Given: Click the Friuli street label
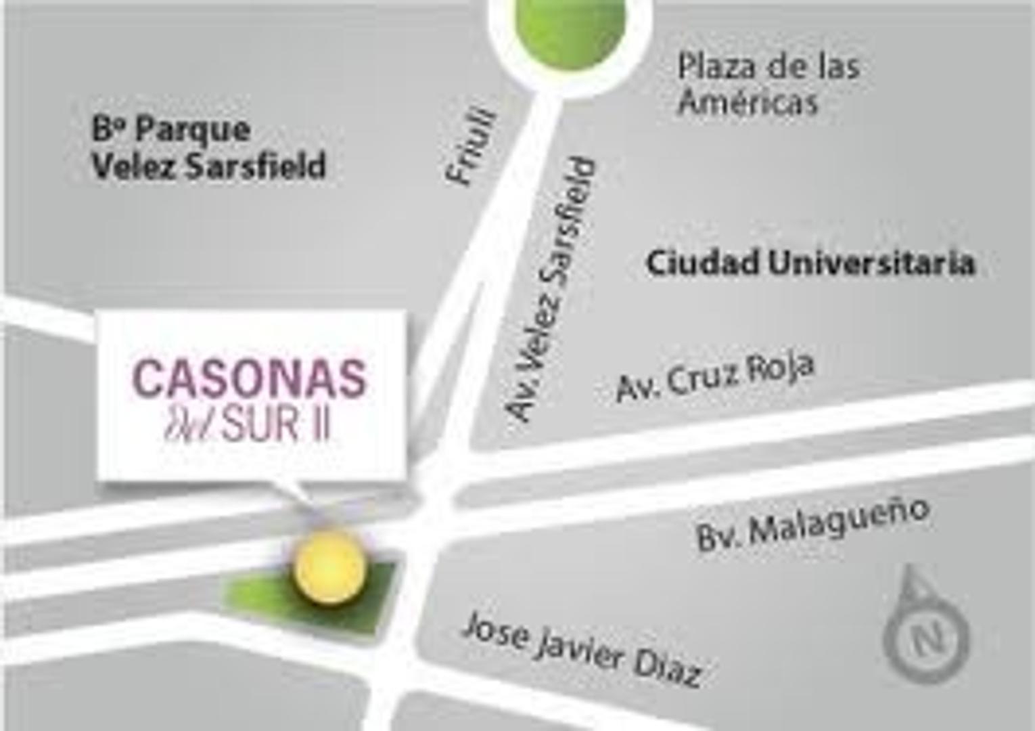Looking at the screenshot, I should [471, 147].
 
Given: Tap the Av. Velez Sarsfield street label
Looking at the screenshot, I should [552, 290].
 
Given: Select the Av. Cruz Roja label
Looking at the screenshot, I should [715, 376].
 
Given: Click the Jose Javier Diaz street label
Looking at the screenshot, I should [582, 648].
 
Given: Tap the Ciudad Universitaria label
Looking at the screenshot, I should [810, 263].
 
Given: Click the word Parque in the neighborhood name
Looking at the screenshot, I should [193, 130].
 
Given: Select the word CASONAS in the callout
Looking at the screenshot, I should [250, 378].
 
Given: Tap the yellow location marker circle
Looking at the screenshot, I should [330, 567].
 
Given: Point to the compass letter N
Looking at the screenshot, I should [927, 637].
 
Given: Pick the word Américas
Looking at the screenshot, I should [748, 103].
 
